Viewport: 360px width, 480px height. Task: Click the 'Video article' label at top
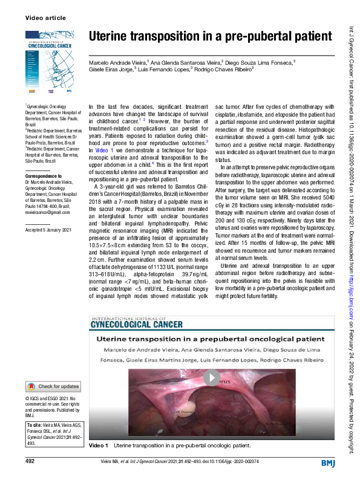pyautogui.click(x=45, y=18)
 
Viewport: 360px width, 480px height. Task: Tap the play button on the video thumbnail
pyautogui.click(x=211, y=378)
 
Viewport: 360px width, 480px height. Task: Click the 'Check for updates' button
pyautogui.click(x=53, y=386)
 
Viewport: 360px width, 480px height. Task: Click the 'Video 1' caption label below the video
pyautogui.click(x=98, y=446)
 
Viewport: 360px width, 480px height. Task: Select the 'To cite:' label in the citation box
pyautogui.click(x=34, y=426)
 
